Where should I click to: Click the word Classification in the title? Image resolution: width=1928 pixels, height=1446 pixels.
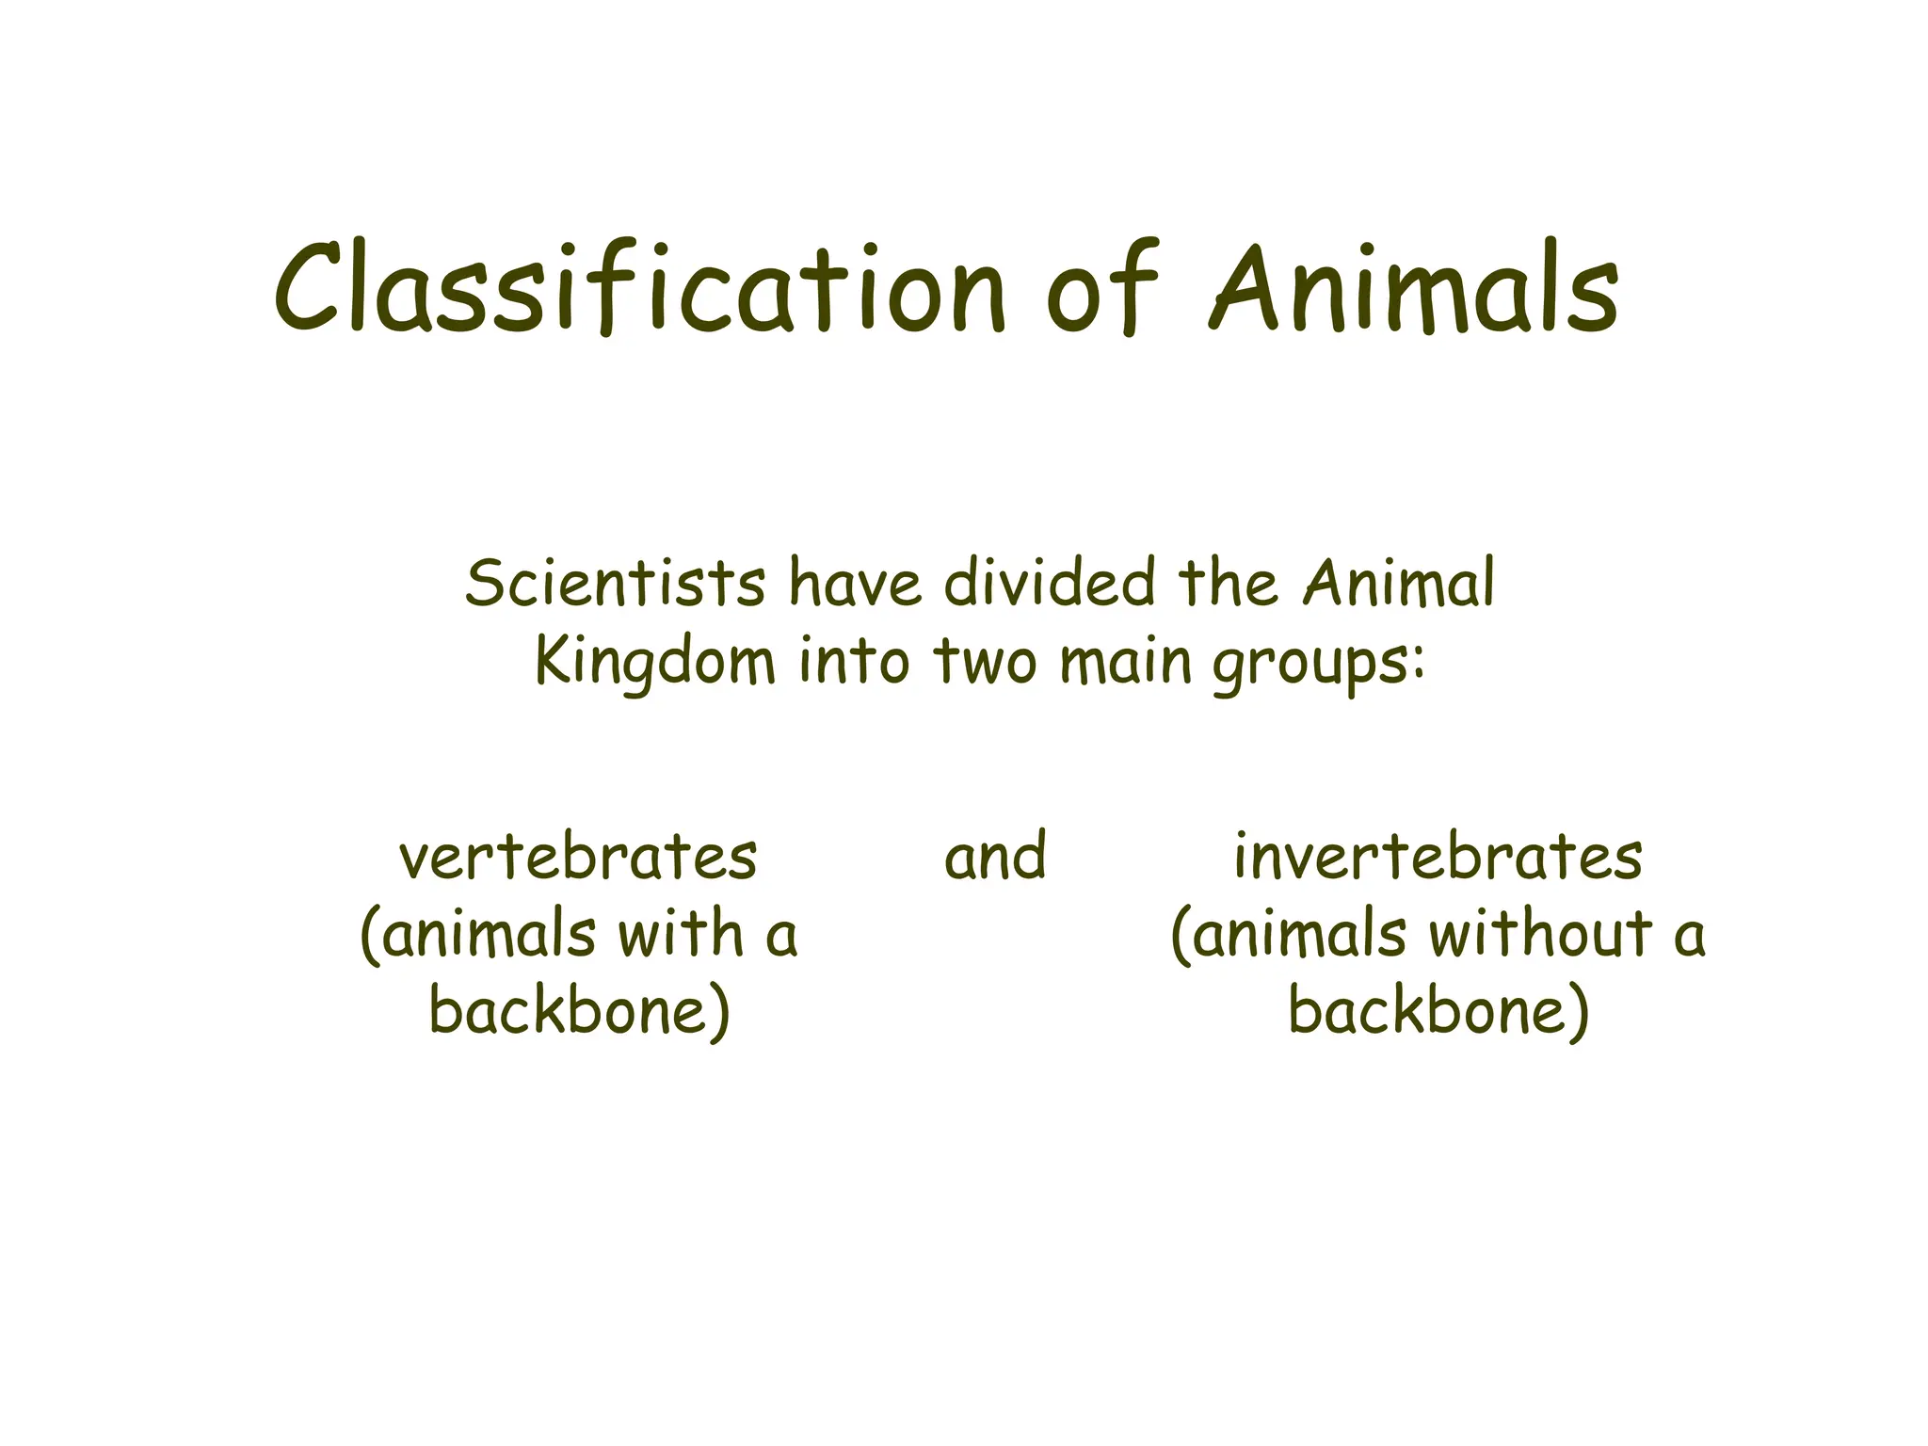[x=640, y=287]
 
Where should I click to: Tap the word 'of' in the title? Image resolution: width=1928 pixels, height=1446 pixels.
[x=1101, y=287]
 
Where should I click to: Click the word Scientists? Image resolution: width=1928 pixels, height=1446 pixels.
[x=616, y=583]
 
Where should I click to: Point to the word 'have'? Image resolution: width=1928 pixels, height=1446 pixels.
[x=855, y=583]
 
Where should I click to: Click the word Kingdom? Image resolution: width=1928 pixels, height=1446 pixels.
[x=655, y=662]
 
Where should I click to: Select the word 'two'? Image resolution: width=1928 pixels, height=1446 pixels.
[x=985, y=662]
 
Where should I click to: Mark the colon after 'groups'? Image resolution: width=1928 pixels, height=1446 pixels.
[x=1419, y=664]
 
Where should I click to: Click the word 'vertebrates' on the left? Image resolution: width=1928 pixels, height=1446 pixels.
[x=578, y=858]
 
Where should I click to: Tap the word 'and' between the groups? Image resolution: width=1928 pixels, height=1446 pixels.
[x=995, y=858]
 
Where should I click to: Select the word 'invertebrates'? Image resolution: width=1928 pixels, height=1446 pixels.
[x=1438, y=858]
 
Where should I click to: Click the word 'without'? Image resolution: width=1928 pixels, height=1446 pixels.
[x=1541, y=935]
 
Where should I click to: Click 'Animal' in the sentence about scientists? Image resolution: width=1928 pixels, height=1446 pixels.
[x=1399, y=583]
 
